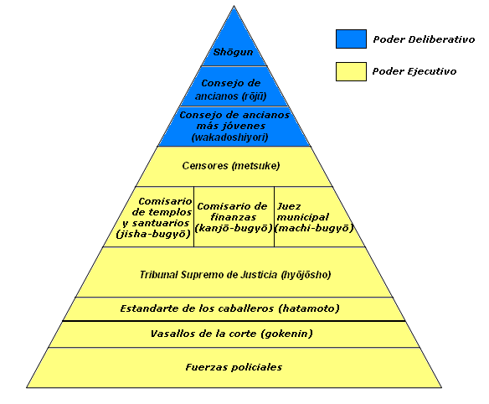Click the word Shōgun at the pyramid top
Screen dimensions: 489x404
tap(233, 52)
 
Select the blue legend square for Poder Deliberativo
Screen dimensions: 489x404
tap(351, 39)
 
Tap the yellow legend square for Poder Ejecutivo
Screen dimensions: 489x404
tap(351, 71)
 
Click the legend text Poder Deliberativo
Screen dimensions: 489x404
tap(424, 39)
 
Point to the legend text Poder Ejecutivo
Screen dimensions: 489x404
tap(414, 71)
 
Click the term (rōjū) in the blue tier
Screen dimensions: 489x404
tap(253, 96)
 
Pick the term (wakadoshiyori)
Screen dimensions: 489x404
tap(229, 137)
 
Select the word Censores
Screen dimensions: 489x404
tap(205, 165)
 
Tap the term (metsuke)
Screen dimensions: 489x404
tap(255, 165)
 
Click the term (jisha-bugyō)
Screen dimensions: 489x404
tap(153, 234)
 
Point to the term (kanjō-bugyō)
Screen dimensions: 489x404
tap(234, 228)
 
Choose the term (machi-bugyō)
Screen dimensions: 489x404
tap(314, 228)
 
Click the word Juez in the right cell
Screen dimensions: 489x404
tap(289, 206)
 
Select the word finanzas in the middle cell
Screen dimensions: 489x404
tap(234, 217)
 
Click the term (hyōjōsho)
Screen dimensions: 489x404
tap(306, 275)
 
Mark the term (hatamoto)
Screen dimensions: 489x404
tap(309, 308)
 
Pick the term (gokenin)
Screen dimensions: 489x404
tap(287, 334)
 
